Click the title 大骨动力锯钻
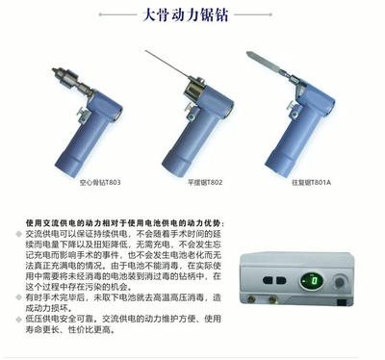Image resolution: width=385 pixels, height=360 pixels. (x=192, y=17)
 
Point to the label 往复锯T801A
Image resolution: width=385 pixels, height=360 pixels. (x=303, y=181)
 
